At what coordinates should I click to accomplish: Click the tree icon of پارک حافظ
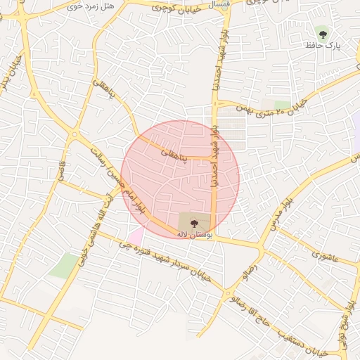[x=323, y=32]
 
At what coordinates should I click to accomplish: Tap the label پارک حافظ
[x=323, y=45]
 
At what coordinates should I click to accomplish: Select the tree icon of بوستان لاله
[x=195, y=222]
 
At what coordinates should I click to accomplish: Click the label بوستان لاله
[x=194, y=233]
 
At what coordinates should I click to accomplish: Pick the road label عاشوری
[x=325, y=257]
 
